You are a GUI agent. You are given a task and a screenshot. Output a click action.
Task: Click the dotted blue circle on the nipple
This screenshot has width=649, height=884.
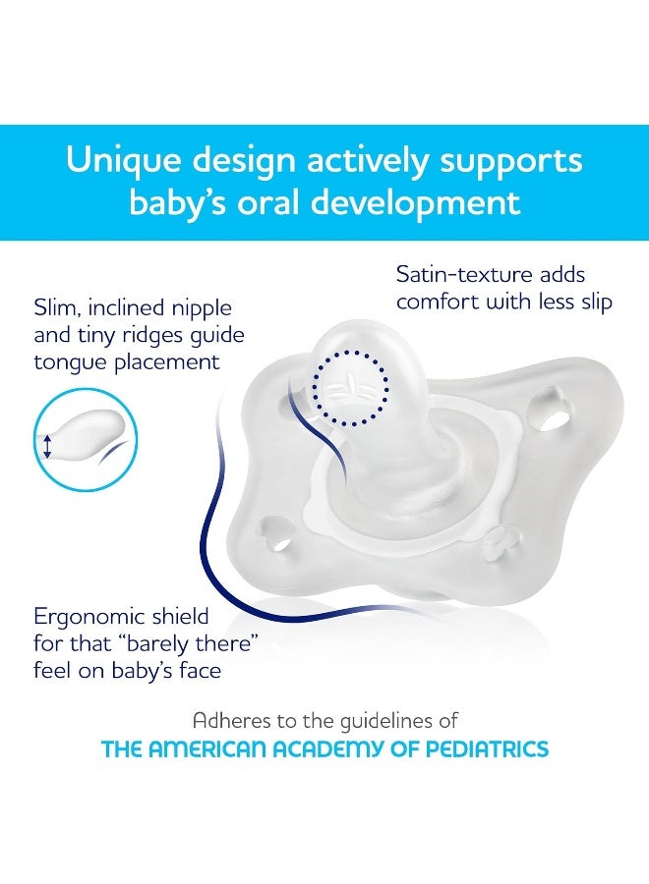tap(350, 386)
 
